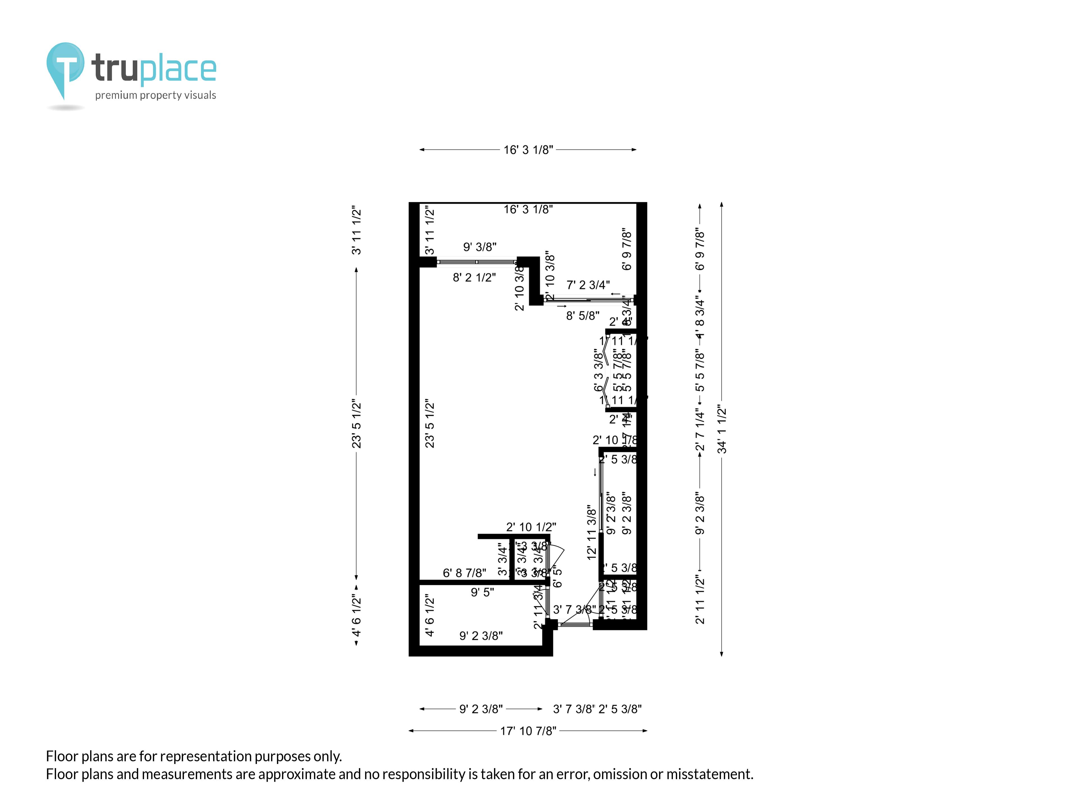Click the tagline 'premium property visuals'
[x=156, y=95]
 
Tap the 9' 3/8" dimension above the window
[x=479, y=247]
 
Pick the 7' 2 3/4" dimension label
[x=588, y=285]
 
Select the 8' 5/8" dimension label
[x=583, y=316]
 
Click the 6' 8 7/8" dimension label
[x=464, y=573]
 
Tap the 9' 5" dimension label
[x=482, y=592]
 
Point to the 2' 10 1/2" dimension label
[x=531, y=527]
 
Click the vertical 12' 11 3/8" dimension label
[x=591, y=532]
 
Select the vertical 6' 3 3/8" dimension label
[x=599, y=370]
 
